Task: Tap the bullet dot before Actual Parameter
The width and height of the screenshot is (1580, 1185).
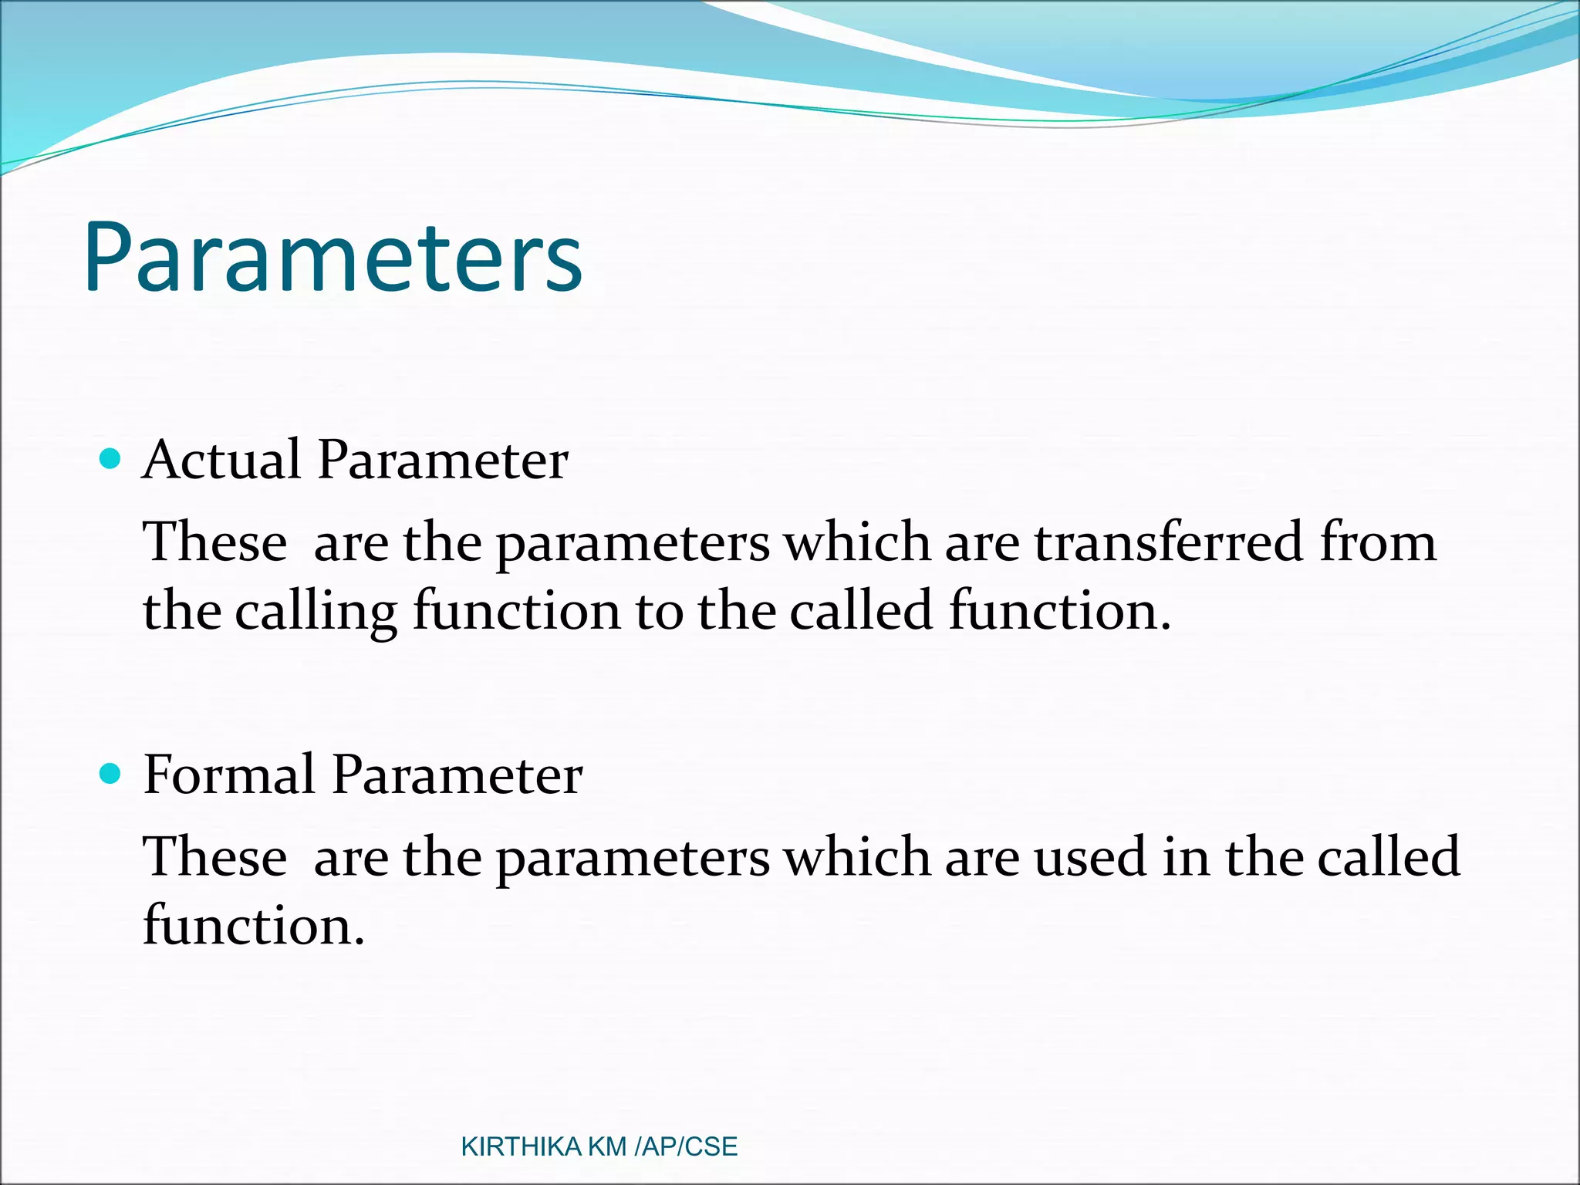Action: coord(111,460)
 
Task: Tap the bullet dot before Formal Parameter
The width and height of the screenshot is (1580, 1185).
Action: coord(111,774)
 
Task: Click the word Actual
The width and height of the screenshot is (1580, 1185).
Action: coord(221,460)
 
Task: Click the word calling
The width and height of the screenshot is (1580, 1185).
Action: coord(316,611)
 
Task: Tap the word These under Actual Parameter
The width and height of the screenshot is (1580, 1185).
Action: coord(215,542)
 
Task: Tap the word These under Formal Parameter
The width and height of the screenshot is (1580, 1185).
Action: coord(215,857)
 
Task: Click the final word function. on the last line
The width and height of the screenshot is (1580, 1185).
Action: coord(253,925)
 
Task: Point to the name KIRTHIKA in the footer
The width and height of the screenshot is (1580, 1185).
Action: coord(521,1147)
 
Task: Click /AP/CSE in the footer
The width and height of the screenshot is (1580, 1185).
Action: coord(686,1147)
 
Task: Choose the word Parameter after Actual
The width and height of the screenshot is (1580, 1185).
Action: coord(443,460)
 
